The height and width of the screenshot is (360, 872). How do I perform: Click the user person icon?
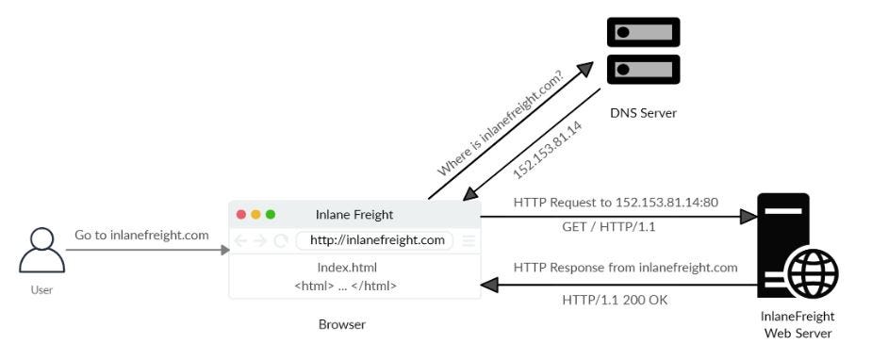[41, 251]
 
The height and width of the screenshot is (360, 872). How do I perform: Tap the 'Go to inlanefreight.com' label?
[140, 235]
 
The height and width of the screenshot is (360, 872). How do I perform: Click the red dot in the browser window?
[241, 215]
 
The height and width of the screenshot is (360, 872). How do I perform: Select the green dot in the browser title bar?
[271, 215]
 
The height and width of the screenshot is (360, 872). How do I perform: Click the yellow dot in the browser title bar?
[255, 215]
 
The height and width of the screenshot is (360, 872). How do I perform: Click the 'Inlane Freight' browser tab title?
[354, 215]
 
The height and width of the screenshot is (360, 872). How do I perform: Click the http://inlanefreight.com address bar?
[376, 240]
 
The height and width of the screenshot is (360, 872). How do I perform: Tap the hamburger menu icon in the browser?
[469, 240]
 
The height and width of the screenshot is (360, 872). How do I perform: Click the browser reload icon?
[281, 240]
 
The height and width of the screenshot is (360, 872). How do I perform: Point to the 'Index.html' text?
[347, 268]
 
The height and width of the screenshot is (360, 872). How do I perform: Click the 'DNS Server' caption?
[643, 114]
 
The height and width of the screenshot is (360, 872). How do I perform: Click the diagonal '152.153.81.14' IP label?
[547, 150]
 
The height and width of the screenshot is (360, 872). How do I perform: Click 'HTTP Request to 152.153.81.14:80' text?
[616, 203]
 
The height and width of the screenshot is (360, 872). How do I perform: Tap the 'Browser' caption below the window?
[342, 325]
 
